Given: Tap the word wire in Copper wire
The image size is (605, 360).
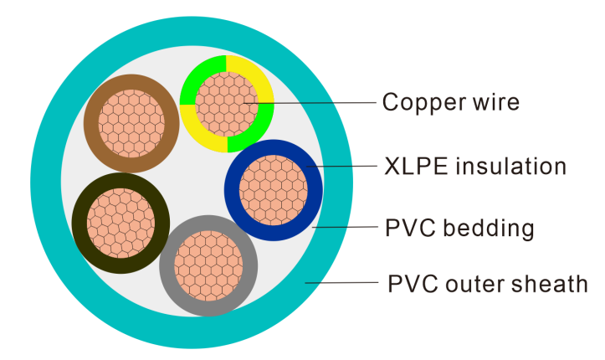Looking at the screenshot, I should [495, 103].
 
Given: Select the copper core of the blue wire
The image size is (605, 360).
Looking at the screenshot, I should [274, 189].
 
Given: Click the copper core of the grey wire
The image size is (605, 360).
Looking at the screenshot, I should [208, 265].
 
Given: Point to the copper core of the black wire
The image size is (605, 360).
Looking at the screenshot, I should [121, 223].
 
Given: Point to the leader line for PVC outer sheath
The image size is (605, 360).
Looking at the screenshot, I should [343, 283].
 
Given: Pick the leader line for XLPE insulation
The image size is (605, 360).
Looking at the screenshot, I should [343, 166].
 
